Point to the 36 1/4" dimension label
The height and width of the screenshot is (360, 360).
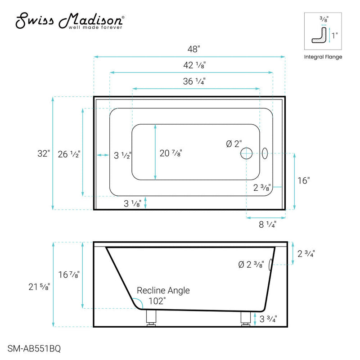[195, 81]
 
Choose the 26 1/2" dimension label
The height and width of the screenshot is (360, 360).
[69, 154]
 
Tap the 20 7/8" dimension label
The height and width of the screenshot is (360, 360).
[171, 153]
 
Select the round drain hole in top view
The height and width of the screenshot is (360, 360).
[247, 153]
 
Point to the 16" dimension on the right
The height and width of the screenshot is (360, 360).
[304, 180]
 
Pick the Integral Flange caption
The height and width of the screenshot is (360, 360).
[323, 57]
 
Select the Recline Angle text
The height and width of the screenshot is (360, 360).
[163, 290]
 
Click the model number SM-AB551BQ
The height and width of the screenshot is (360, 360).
[35, 348]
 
